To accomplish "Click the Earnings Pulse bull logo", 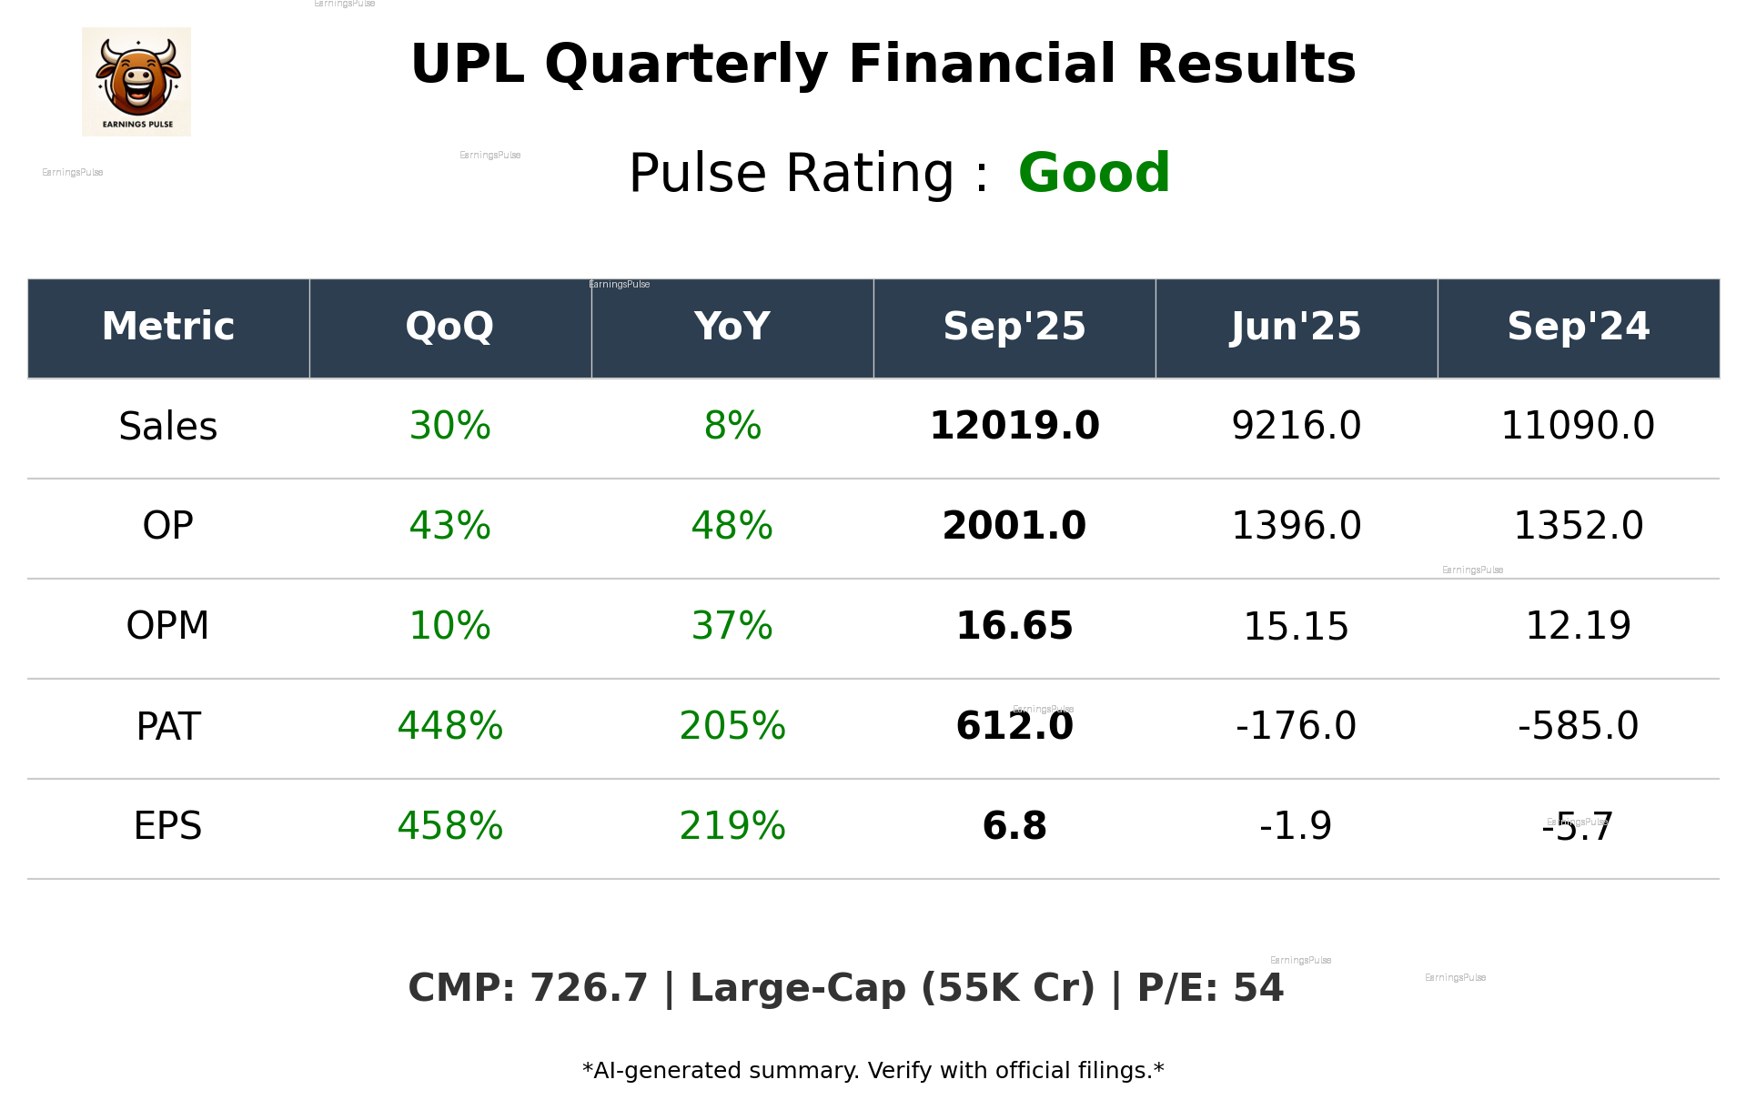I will [x=136, y=82].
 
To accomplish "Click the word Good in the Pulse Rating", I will [x=1094, y=173].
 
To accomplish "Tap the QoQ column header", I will [x=449, y=327].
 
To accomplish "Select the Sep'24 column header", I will [x=1578, y=327].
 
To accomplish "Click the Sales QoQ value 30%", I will [x=449, y=426].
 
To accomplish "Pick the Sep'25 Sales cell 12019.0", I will [x=1014, y=426].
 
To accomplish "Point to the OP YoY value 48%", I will [x=732, y=526].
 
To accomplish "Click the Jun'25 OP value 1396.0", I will [x=1296, y=526].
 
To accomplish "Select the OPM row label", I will [x=167, y=626].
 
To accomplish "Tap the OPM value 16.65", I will [x=1014, y=626].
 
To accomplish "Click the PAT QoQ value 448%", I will [x=449, y=726].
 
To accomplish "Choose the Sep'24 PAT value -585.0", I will [x=1578, y=726].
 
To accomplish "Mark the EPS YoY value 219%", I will [x=732, y=826].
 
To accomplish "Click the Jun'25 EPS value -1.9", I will [x=1296, y=826].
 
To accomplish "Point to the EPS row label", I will [x=167, y=826].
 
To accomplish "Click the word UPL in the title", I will [x=467, y=65].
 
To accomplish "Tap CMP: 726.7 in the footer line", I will [x=528, y=988].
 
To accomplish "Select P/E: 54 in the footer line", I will [x=1210, y=988].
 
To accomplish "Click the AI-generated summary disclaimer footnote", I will [x=873, y=1071].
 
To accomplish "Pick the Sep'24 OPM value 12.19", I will [x=1578, y=626].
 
